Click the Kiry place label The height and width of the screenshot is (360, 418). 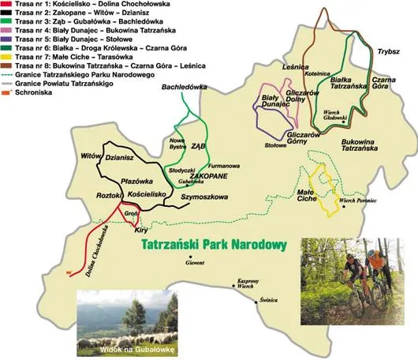click(142, 229)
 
